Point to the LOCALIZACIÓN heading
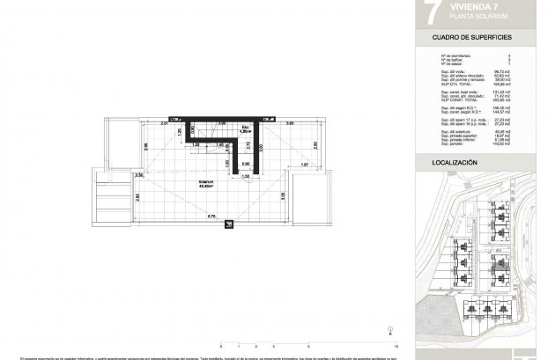[455, 164]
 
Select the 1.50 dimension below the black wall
[248, 177]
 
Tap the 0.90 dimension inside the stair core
[247, 164]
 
